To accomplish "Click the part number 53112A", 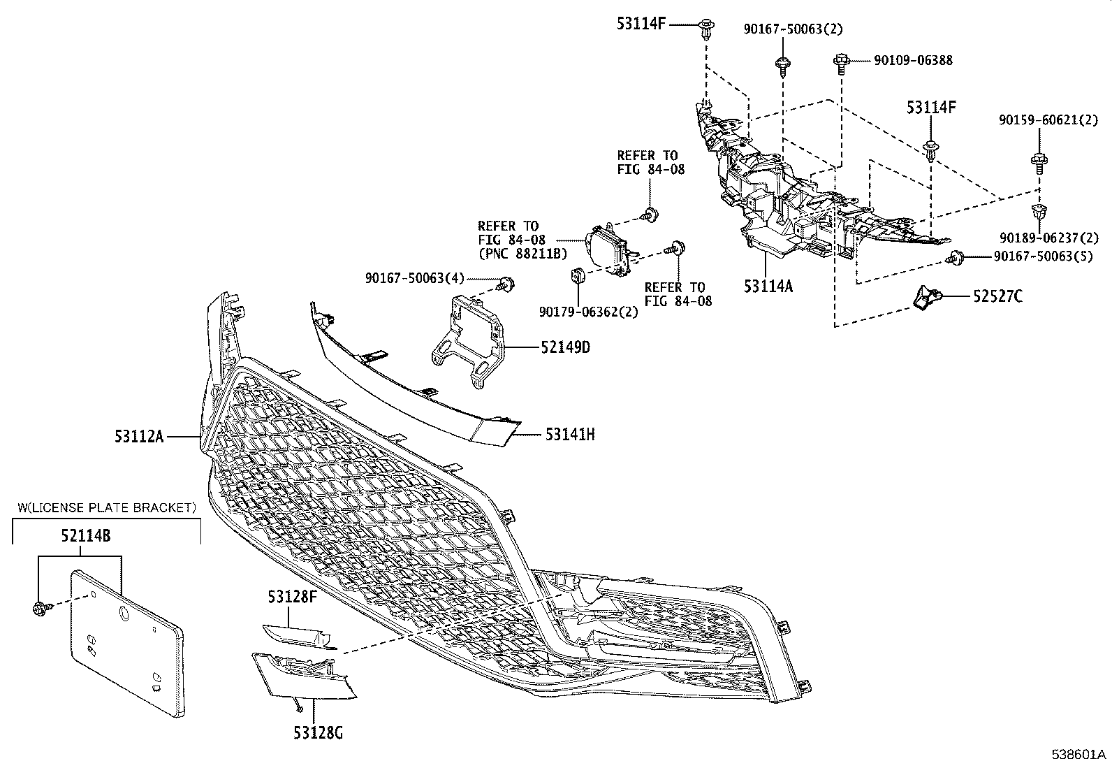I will click(139, 436).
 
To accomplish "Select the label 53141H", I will click(570, 435).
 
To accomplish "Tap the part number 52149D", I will click(564, 347).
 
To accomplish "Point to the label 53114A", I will click(768, 286).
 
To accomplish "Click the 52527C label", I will click(998, 297).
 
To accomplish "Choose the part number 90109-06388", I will click(913, 61).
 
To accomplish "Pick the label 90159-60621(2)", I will click(1048, 120).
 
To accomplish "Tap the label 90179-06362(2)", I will click(588, 312).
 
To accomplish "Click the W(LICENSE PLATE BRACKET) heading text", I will click(106, 507).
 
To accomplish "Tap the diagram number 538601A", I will click(1080, 755).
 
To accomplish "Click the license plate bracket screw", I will click(38, 609).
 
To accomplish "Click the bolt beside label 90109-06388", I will click(842, 61).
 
